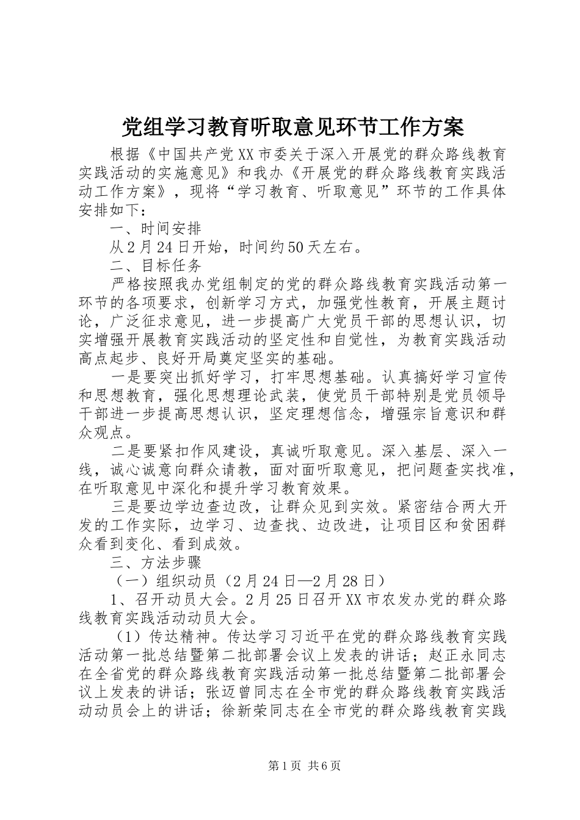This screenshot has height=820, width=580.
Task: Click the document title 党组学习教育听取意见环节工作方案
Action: pyautogui.click(x=293, y=127)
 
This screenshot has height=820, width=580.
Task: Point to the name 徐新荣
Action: pyautogui.click(x=245, y=711)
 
